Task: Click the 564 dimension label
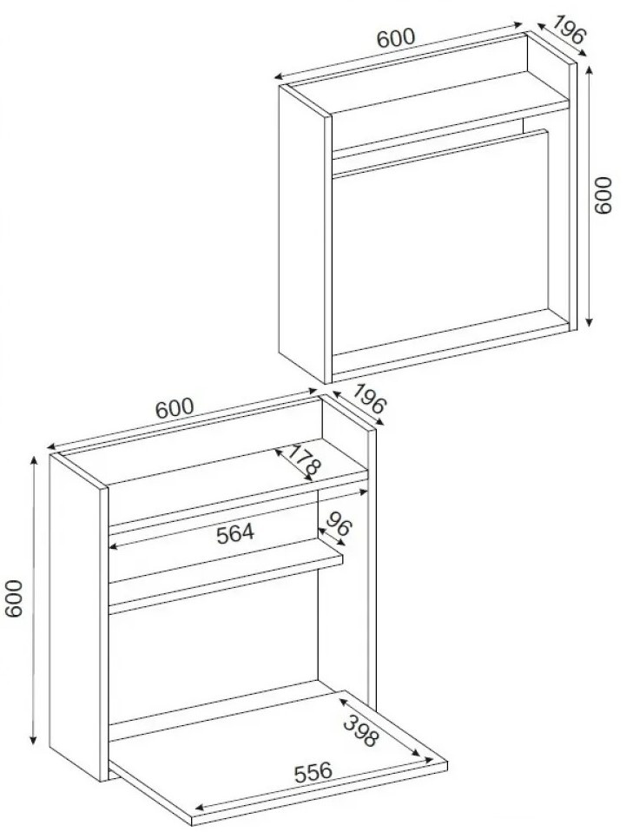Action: (235, 532)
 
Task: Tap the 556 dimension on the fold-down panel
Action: (313, 773)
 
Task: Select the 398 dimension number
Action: (362, 730)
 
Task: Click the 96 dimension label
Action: (338, 525)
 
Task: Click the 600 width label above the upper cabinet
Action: (396, 39)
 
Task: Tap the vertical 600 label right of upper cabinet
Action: (603, 195)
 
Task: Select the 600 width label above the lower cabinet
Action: (175, 407)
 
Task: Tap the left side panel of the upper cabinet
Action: (302, 234)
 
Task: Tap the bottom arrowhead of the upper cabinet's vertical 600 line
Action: (589, 322)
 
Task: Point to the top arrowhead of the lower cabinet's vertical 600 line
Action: (35, 460)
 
